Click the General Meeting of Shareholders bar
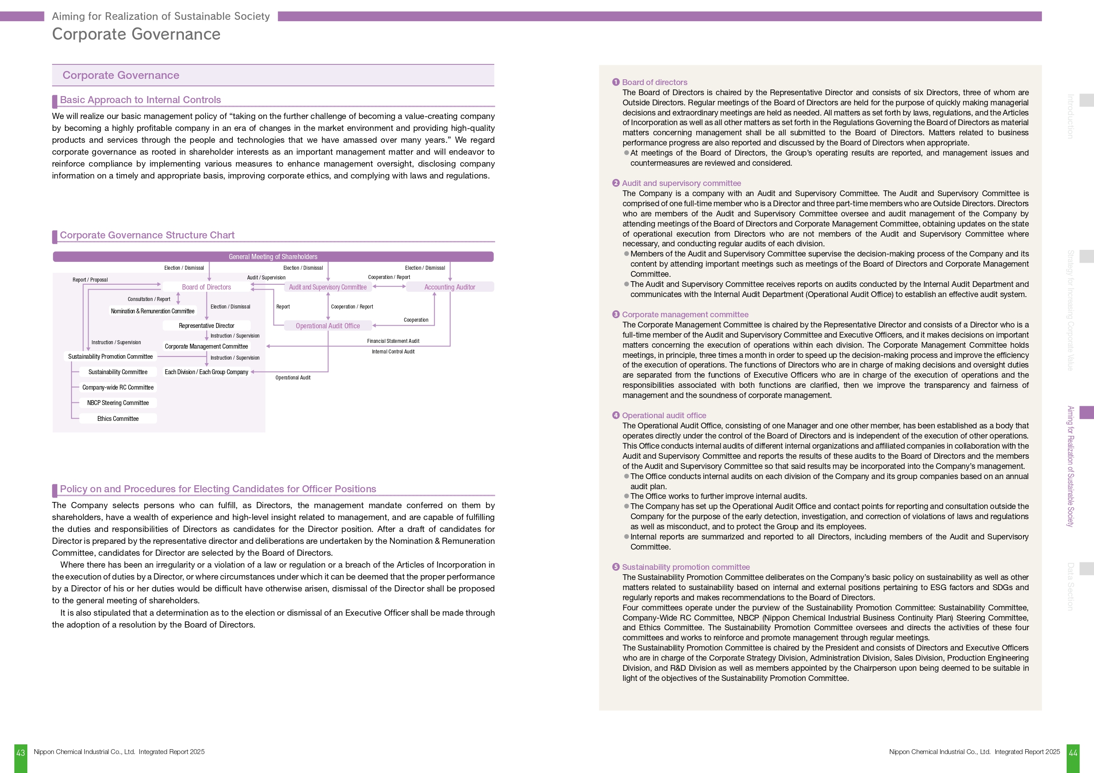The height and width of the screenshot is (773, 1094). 273,257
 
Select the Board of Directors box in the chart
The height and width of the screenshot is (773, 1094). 206,287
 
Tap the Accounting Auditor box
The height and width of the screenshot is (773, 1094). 449,287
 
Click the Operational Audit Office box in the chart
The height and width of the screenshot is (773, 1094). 328,326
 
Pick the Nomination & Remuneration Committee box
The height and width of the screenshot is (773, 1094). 153,311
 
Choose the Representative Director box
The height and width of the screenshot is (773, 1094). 206,326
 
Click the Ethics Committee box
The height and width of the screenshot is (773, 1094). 118,419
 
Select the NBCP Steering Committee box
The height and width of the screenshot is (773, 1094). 118,403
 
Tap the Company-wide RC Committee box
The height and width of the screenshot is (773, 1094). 118,387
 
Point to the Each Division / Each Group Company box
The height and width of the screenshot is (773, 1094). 206,372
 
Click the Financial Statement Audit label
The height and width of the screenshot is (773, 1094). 393,341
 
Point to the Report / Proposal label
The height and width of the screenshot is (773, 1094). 90,279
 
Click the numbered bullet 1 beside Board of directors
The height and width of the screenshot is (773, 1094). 616,82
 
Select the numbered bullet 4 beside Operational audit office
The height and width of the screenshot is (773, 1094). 616,415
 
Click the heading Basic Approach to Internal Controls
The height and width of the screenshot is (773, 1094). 140,100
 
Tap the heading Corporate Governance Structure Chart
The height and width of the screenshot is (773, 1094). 147,235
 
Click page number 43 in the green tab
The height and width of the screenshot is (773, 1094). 20,753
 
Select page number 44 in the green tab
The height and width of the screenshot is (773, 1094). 1073,753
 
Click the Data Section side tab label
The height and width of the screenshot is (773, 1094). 1070,586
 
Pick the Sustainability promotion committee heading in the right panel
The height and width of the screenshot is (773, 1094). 686,567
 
